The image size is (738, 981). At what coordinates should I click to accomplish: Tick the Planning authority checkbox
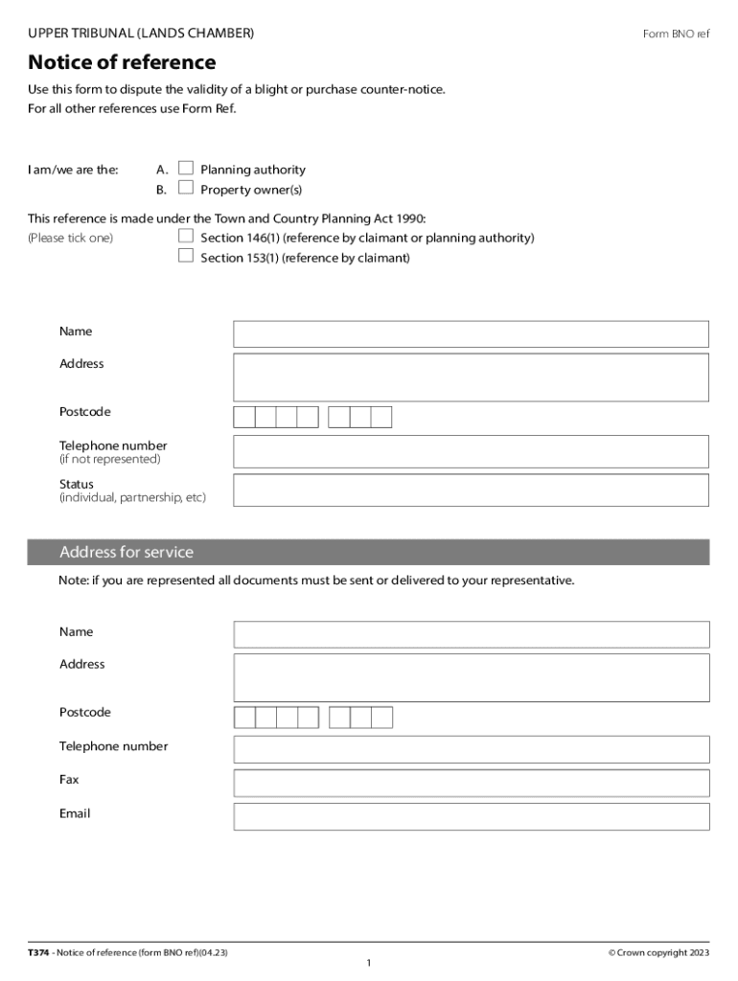(186, 169)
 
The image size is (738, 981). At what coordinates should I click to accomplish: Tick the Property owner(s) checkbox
(186, 188)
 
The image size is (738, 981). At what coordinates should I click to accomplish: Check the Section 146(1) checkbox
(186, 236)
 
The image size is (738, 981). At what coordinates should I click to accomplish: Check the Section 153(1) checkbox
(186, 256)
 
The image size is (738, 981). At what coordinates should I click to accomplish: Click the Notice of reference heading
(122, 63)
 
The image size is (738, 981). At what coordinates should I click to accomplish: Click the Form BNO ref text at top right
(676, 34)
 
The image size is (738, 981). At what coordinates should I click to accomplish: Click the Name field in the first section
(471, 333)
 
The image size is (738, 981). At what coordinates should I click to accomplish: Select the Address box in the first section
(471, 376)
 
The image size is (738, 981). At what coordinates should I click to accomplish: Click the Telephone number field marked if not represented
(471, 451)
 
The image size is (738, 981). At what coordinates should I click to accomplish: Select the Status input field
(471, 490)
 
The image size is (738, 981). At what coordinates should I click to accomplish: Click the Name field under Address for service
(471, 634)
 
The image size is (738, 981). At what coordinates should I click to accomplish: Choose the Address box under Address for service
(471, 677)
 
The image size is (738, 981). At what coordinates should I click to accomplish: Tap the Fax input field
(471, 783)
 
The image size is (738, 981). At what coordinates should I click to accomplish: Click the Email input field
(471, 816)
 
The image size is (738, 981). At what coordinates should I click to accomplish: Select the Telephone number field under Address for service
(471, 749)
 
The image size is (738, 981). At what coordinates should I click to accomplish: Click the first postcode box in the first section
(244, 417)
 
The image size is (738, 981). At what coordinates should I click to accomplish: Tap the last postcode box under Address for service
(382, 718)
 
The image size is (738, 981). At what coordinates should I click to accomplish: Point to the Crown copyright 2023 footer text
(658, 952)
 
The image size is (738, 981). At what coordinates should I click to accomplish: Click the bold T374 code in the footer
(38, 952)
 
